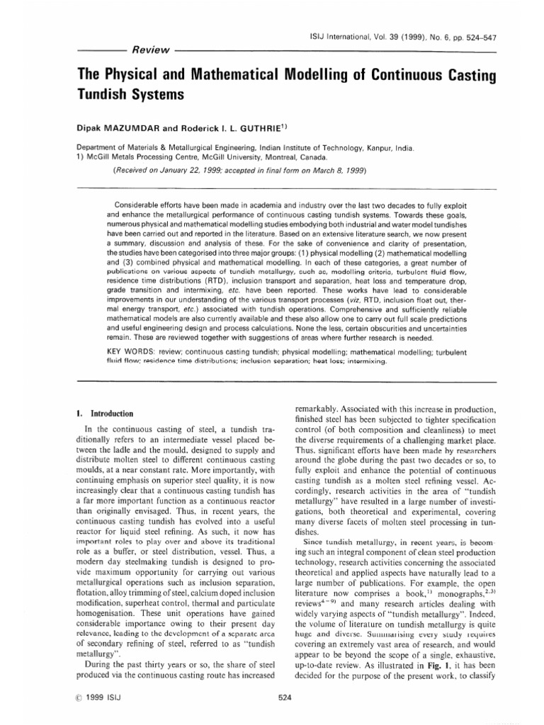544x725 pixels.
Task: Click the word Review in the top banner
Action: [150, 50]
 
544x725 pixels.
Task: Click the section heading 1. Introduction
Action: [104, 413]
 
